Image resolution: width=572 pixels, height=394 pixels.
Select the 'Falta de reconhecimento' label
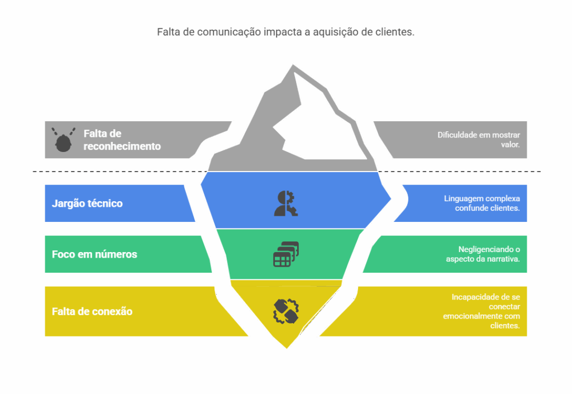coord(122,140)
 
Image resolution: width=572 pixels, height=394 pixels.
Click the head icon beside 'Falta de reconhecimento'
coord(63,140)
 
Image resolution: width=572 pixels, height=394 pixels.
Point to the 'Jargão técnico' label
coord(87,203)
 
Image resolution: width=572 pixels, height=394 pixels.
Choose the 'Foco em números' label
coord(94,254)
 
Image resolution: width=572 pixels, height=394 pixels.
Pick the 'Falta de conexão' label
coord(92,311)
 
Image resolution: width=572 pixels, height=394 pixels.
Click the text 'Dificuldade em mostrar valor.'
coord(479,140)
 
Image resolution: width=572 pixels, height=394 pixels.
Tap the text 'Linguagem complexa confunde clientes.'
coord(482,203)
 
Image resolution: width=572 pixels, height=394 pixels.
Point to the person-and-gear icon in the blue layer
coord(286,203)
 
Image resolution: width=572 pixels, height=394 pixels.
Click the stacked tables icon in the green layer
coord(286,254)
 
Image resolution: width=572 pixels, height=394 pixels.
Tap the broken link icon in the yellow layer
coord(286,311)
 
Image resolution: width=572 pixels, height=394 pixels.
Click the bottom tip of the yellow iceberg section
coord(287,348)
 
